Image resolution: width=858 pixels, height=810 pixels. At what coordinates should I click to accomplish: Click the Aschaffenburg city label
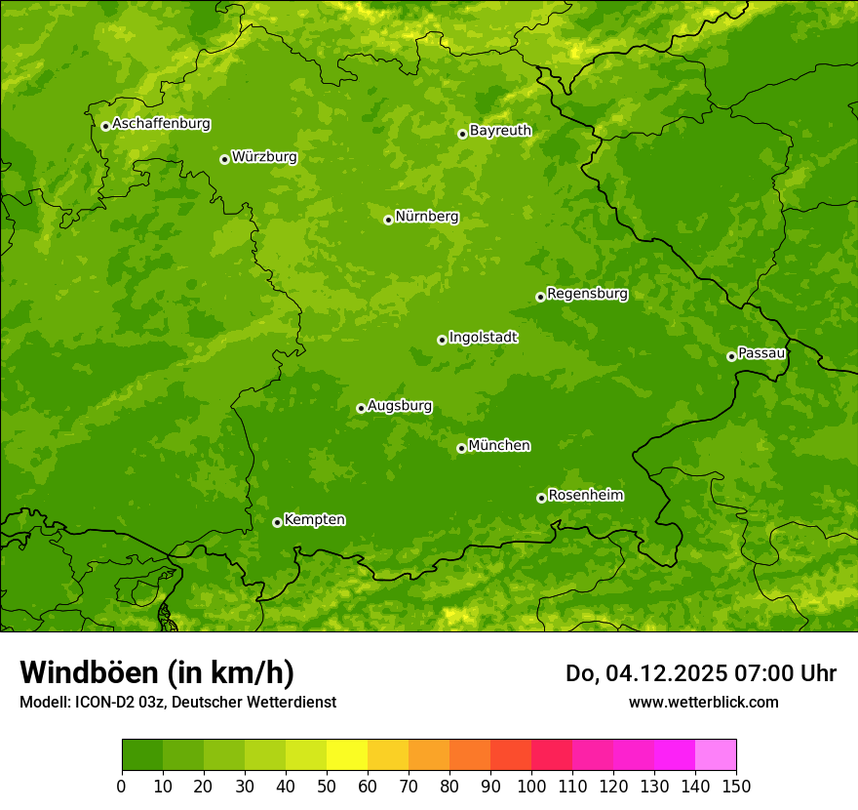click(161, 124)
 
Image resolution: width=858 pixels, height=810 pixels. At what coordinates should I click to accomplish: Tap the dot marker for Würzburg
click(224, 159)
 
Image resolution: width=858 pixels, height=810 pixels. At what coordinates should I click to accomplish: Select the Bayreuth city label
click(500, 131)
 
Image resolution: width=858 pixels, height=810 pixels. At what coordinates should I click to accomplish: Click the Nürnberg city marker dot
click(388, 220)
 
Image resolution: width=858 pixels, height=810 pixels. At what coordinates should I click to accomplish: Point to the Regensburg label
click(587, 294)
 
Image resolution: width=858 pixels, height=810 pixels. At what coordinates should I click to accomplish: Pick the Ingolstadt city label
click(483, 338)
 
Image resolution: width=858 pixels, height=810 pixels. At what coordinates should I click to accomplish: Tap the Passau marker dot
click(731, 356)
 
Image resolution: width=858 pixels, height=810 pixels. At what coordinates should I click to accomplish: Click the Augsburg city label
click(400, 406)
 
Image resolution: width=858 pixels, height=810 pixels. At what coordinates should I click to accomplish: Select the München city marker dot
click(461, 448)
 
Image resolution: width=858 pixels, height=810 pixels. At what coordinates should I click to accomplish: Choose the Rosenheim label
click(585, 496)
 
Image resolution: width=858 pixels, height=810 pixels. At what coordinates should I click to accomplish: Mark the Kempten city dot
click(277, 522)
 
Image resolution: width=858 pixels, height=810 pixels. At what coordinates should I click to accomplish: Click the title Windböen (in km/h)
click(157, 673)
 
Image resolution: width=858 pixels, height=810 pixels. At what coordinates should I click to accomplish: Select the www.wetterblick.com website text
click(703, 703)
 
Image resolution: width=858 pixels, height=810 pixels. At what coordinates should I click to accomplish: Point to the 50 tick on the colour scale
click(327, 787)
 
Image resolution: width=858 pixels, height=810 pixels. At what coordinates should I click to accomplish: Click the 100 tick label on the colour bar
click(531, 787)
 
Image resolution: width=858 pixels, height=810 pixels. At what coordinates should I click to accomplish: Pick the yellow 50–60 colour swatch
click(347, 755)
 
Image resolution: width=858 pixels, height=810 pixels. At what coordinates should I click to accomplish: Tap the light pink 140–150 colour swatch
click(716, 755)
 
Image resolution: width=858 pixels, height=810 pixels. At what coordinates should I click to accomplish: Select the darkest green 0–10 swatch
click(142, 755)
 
